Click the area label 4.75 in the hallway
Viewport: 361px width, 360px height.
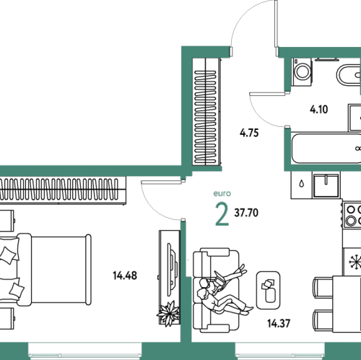pos(249,133)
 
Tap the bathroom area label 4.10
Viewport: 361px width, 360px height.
pos(318,110)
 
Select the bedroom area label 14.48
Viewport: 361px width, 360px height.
pos(125,276)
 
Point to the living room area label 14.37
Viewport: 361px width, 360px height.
pos(279,323)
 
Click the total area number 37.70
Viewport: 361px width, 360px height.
pos(246,213)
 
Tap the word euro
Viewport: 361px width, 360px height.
pos(222,193)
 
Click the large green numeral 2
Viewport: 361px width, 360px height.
pos(222,214)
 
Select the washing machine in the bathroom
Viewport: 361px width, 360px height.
pos(302,72)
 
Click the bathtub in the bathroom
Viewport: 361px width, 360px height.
pos(326,149)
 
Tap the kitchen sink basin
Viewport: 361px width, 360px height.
pos(326,185)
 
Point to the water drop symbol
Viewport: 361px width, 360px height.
pos(301,184)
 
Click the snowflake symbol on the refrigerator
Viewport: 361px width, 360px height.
pos(355,262)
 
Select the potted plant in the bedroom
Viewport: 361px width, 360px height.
pos(169,314)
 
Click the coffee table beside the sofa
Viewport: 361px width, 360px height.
pos(268,290)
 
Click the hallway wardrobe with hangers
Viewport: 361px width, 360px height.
pos(206,112)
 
